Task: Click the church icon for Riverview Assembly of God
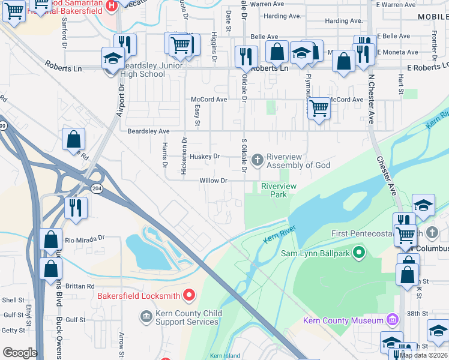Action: [258, 159]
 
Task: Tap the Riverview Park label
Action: [279, 190]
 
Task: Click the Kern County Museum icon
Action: [393, 319]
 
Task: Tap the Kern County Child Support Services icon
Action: [146, 316]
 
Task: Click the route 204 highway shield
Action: [96, 188]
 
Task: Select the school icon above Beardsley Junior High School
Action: [112, 58]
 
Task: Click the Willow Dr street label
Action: [214, 180]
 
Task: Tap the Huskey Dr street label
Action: [204, 157]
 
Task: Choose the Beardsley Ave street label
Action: [148, 131]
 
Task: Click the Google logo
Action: [20, 353]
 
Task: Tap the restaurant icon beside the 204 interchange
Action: [76, 208]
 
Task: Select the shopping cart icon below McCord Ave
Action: [319, 109]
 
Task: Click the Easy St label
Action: [197, 113]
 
